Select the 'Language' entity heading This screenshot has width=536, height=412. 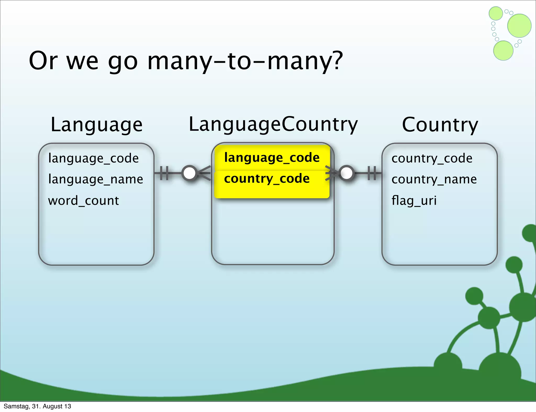tap(96, 125)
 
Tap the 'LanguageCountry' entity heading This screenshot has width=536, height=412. tap(273, 124)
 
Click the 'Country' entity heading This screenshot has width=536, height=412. tap(440, 125)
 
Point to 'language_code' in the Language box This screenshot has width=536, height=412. tap(93, 158)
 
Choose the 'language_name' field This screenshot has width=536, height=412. tap(96, 179)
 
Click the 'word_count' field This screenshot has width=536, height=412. tap(83, 201)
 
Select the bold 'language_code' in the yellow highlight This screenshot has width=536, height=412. tap(272, 158)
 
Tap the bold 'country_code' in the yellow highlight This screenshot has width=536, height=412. tap(267, 179)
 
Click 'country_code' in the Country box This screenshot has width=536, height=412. tap(432, 158)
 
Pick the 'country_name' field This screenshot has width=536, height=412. tap(434, 179)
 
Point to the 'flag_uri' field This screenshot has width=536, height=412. tap(414, 201)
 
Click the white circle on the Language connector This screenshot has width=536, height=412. tap(189, 173)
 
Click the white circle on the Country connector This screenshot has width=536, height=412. tap(347, 173)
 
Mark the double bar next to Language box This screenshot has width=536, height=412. tap(164, 173)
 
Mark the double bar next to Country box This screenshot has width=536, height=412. tap(372, 173)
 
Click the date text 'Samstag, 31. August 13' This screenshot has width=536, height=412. tap(37, 406)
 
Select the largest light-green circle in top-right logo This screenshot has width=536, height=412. tap(519, 26)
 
